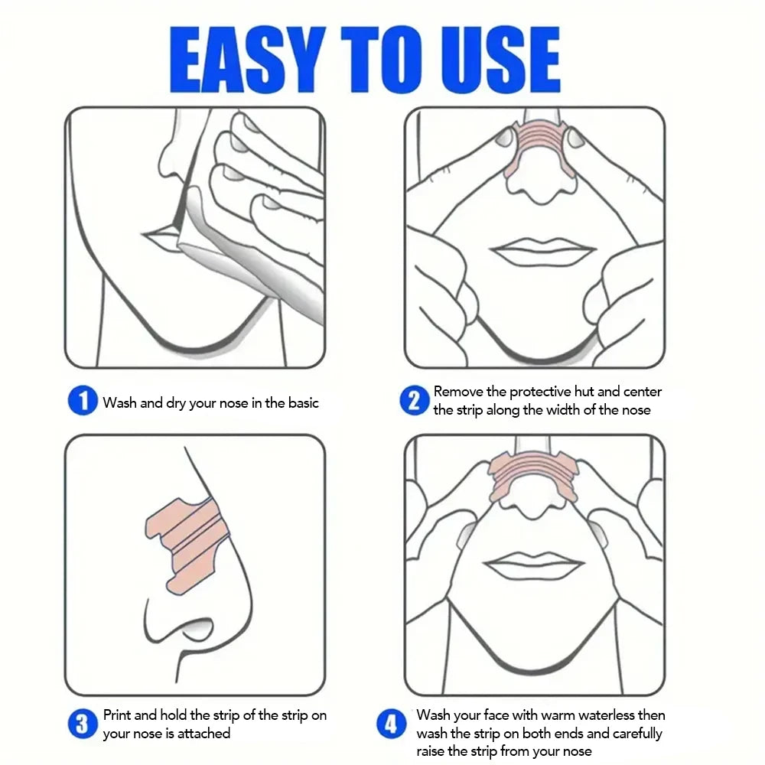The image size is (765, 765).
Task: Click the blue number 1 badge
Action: coord(83,401)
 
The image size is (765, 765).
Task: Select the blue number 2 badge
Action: coord(414,401)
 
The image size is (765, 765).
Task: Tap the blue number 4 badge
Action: coord(391,724)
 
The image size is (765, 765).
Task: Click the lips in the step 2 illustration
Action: coord(542,252)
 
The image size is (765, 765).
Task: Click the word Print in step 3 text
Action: coord(119,715)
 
